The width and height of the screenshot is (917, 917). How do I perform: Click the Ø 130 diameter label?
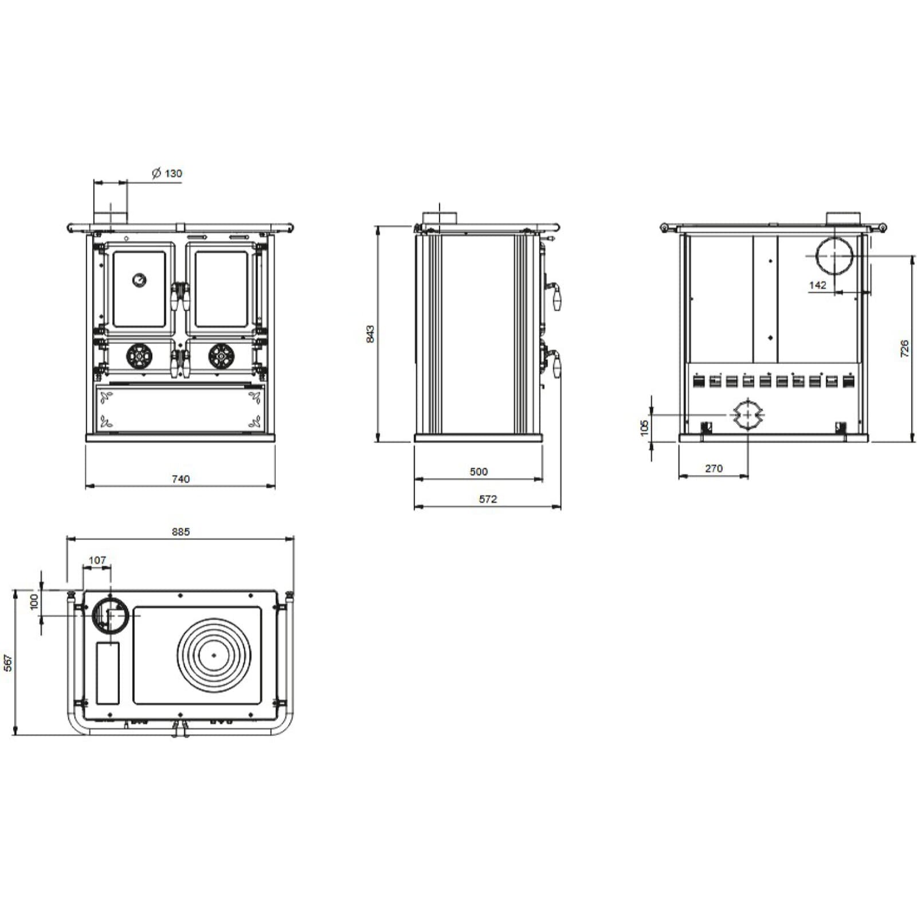(167, 173)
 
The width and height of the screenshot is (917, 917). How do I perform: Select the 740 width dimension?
(181, 479)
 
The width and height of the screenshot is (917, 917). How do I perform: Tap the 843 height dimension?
(370, 334)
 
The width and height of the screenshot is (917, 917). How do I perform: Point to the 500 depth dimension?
(479, 472)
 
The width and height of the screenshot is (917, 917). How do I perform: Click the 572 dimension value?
(488, 499)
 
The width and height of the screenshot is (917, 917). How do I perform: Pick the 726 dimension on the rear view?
(904, 348)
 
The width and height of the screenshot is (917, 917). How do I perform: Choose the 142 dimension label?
(818, 285)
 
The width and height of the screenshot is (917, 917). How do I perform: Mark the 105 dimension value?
(644, 427)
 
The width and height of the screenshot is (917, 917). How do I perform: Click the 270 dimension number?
(714, 469)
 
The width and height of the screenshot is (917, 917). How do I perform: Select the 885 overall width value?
(181, 532)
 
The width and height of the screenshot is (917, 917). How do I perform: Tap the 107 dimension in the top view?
(97, 560)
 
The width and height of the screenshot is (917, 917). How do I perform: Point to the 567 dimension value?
(8, 663)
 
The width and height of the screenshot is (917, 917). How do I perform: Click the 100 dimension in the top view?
(34, 601)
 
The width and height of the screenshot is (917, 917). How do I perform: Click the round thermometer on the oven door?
(139, 280)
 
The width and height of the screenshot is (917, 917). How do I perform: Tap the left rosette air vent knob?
(140, 356)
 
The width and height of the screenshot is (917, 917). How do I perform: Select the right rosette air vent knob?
(221, 356)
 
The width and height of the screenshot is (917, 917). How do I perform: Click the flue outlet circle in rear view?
(834, 256)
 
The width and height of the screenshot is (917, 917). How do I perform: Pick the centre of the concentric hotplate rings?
(214, 655)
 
